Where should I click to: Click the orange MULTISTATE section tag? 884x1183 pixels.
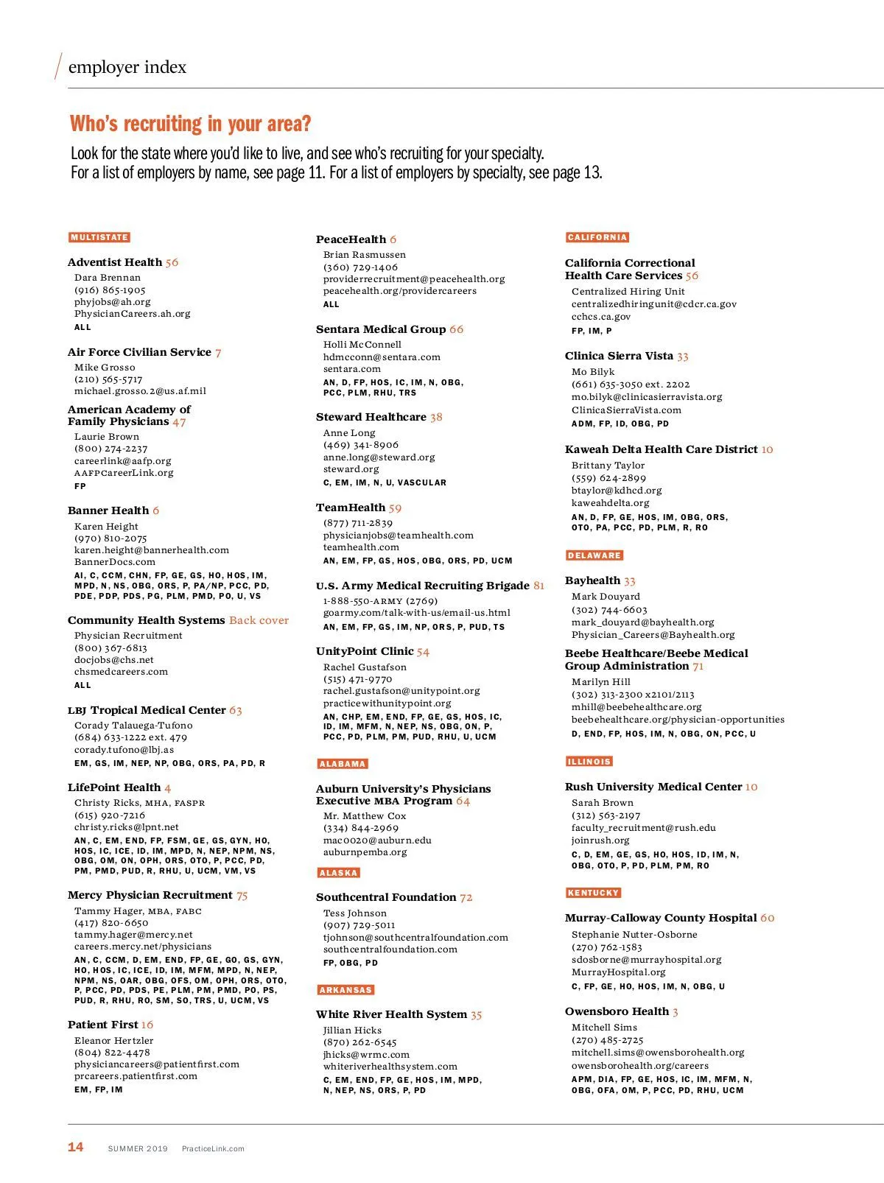[99, 238]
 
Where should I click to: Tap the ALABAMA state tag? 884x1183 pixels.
[343, 764]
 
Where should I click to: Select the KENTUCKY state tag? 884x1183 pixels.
[593, 893]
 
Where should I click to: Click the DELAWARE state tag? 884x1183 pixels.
[594, 555]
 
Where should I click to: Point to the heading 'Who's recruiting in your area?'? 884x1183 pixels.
[191, 124]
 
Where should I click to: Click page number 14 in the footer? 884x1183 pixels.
[76, 1147]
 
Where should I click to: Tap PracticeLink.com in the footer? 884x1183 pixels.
[213, 1148]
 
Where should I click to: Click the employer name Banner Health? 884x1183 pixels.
[108, 510]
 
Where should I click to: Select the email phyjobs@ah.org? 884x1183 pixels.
[112, 302]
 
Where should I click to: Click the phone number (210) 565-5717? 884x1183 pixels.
[108, 379]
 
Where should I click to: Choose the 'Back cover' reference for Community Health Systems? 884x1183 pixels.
[259, 620]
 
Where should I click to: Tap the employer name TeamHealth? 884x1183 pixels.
[351, 508]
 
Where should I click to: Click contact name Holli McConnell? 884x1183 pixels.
[362, 345]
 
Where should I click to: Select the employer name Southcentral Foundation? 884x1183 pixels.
[386, 897]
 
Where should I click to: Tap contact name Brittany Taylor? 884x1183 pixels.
[608, 466]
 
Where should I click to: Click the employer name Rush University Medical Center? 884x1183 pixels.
[653, 787]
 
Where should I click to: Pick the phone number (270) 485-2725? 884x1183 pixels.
[608, 1040]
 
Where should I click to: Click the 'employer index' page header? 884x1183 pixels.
[127, 67]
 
